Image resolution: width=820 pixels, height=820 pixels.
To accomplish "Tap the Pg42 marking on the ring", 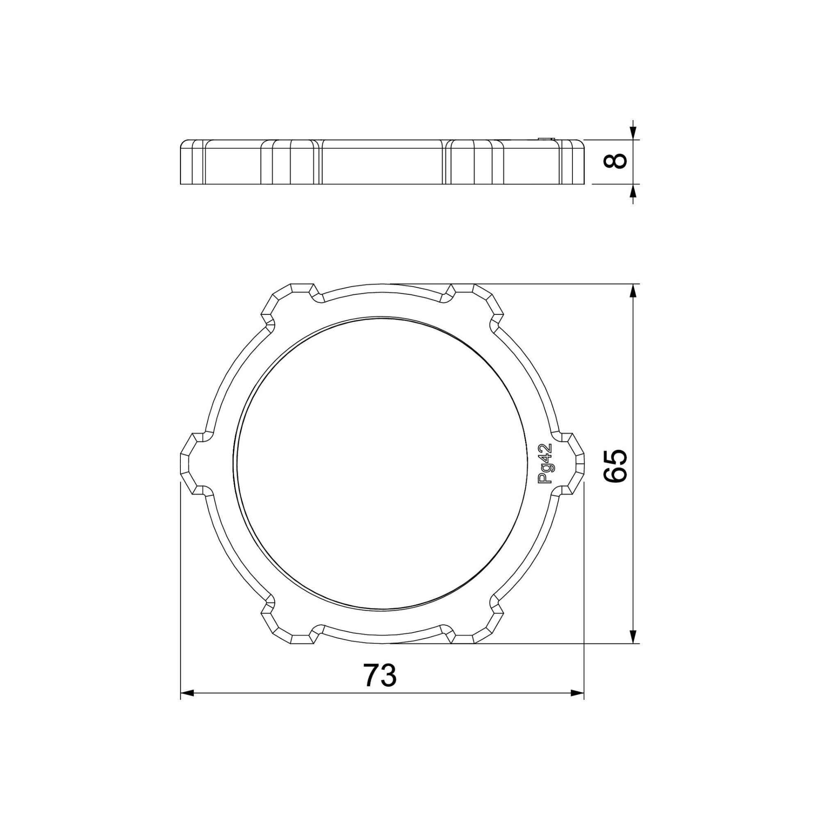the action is coord(544,463).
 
